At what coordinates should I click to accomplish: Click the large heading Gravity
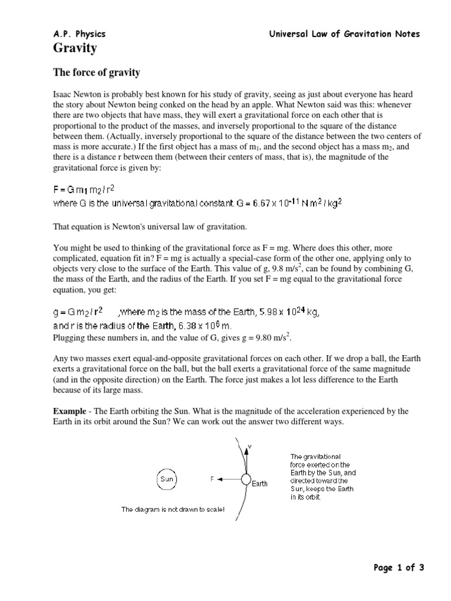[75, 48]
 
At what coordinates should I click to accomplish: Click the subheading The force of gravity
[97, 73]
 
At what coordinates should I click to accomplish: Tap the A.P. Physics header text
[79, 34]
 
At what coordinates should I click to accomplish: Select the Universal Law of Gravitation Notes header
[344, 34]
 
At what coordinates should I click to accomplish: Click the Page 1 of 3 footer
[398, 567]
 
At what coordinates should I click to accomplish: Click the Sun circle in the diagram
[167, 479]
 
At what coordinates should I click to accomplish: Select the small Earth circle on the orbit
[245, 479]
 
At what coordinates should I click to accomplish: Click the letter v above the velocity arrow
[250, 447]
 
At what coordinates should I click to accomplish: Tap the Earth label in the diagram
[260, 484]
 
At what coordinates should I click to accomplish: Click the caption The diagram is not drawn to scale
[173, 509]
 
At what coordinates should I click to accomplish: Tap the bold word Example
[70, 411]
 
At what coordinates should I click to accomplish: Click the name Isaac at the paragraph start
[63, 94]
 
